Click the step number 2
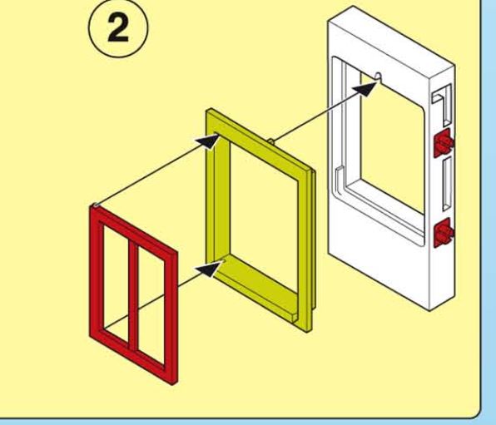118,27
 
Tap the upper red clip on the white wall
444,143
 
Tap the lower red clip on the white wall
444,232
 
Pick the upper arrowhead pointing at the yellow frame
207,141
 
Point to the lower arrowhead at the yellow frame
209,269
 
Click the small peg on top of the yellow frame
271,141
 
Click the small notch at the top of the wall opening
378,77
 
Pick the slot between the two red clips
447,184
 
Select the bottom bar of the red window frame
133,357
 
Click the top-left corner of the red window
91,206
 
